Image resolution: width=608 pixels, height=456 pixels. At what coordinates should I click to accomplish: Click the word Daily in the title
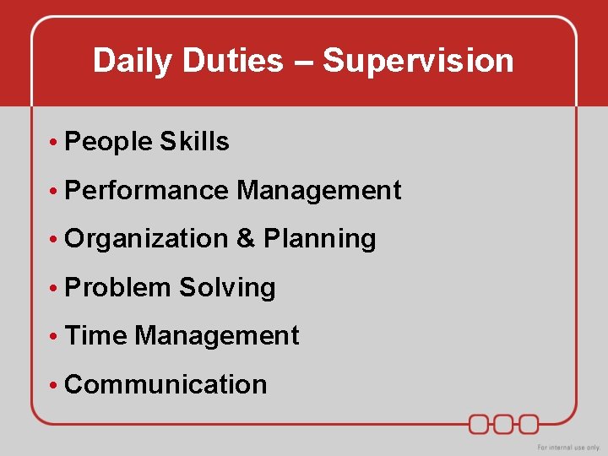[128, 61]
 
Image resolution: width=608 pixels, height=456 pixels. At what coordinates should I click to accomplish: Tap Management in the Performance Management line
[319, 190]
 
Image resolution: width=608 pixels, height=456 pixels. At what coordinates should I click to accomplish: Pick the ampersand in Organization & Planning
[246, 239]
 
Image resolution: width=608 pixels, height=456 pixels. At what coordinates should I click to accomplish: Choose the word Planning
[320, 239]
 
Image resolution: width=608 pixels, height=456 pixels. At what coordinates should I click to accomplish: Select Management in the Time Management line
[217, 335]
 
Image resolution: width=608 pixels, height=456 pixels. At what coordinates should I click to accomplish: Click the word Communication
[166, 384]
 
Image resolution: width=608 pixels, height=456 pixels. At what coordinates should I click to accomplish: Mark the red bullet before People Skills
[52, 143]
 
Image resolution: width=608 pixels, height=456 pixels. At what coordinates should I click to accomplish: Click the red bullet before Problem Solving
[52, 288]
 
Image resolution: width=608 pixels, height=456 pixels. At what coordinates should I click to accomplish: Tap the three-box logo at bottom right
[504, 423]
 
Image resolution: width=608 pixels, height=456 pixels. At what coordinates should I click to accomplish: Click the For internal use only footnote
[568, 447]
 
